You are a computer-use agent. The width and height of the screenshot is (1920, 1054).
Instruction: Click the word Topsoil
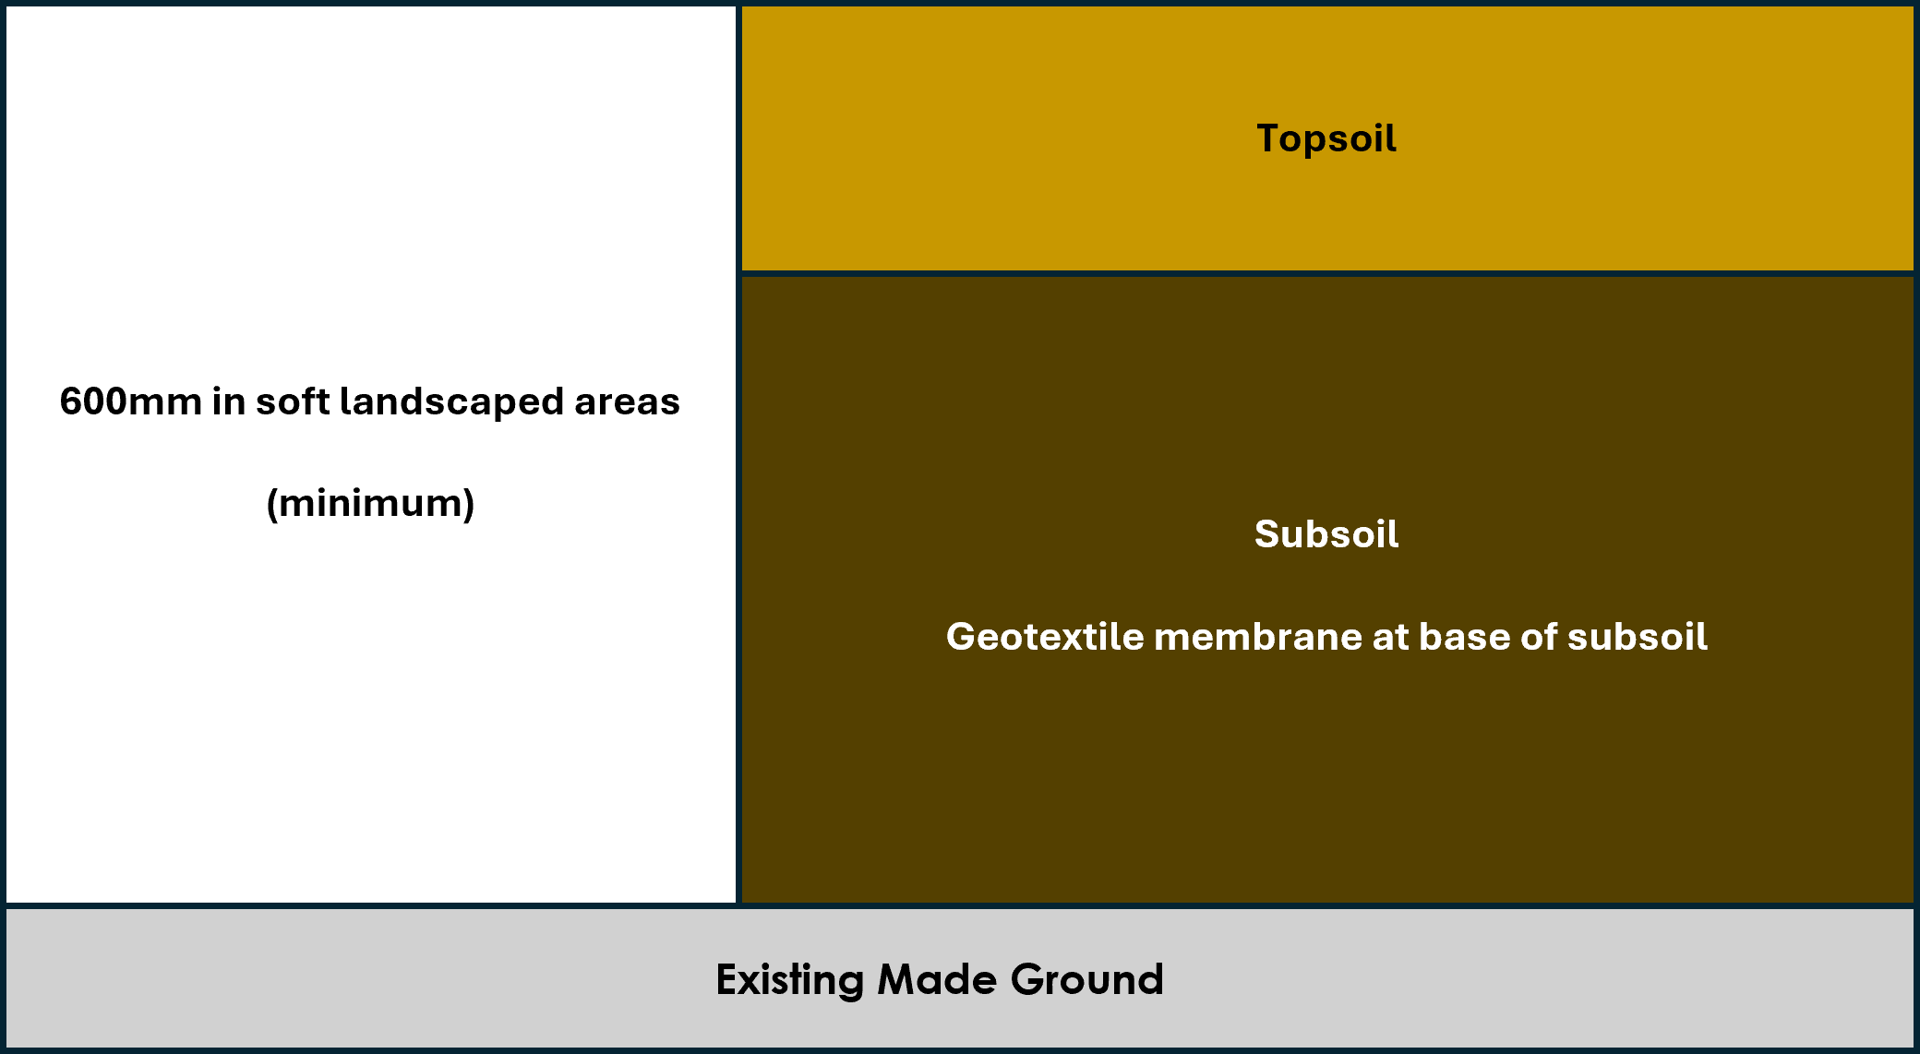click(x=1326, y=138)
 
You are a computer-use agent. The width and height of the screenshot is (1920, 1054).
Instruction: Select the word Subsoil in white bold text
click(x=1326, y=534)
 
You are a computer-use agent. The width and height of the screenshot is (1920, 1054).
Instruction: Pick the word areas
click(x=627, y=402)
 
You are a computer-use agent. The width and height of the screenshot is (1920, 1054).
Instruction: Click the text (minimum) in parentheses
click(x=370, y=504)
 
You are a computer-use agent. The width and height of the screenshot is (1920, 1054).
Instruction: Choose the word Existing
click(x=789, y=980)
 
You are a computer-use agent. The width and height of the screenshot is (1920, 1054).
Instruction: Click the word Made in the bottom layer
click(x=936, y=979)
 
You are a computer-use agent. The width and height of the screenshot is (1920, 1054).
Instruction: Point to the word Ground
click(x=1086, y=979)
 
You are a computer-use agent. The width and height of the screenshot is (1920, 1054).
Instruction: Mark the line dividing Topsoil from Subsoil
click(x=1326, y=273)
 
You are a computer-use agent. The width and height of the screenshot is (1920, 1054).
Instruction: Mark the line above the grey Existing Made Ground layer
click(x=960, y=905)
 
